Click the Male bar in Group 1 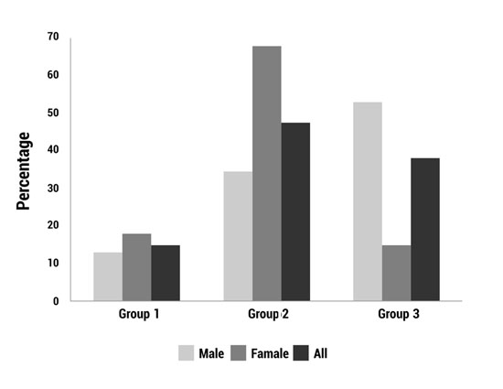pos(107,276)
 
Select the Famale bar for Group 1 pos(136,267)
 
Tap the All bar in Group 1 pos(166,273)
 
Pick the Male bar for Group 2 pos(238,236)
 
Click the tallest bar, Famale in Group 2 pos(267,173)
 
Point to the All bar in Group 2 pos(295,211)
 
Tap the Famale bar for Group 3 pos(397,273)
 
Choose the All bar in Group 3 pos(425,230)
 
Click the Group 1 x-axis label pos(139,315)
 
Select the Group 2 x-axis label pos(268,315)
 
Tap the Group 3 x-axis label pos(399,315)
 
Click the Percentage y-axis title pos(25,171)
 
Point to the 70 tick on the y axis pos(53,37)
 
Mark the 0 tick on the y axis pos(56,301)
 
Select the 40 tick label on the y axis pos(53,150)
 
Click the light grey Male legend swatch pos(187,352)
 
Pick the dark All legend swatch pos(302,352)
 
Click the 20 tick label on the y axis pos(53,225)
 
